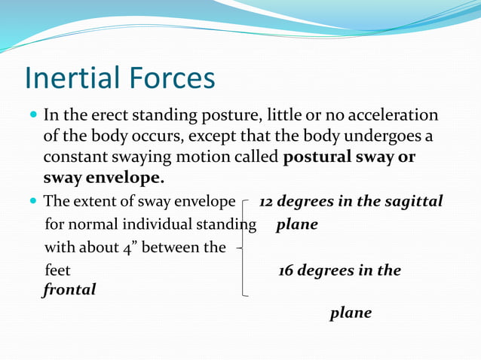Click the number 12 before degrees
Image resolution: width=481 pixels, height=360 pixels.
click(x=266, y=203)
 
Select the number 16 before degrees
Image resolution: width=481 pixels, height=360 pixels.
click(x=286, y=270)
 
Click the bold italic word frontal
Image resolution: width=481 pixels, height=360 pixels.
click(x=69, y=289)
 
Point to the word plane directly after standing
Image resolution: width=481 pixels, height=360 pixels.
click(x=297, y=225)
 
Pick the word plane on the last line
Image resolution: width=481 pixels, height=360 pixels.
click(x=351, y=313)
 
